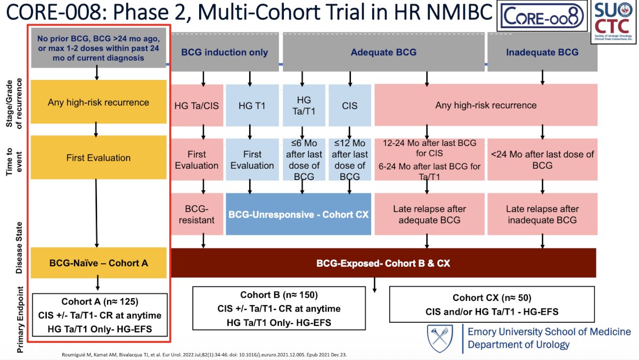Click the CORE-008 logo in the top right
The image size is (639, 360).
pos(542,15)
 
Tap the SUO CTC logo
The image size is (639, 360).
pos(613,22)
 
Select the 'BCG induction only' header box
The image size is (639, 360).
pos(225,52)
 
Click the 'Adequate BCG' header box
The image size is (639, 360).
pos(383,52)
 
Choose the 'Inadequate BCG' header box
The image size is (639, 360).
pos(542,52)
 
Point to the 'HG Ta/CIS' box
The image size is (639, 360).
pos(197,105)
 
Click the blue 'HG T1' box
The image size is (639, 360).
pos(252,105)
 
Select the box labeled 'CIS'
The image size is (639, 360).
pos(350,105)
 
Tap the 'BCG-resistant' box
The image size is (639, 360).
pos(197,214)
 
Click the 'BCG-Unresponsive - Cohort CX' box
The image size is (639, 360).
pos(298,214)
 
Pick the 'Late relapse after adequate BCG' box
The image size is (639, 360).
pos(429,214)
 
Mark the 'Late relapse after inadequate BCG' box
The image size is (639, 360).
pos(542,214)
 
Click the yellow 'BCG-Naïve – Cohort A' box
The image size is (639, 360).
pos(99,263)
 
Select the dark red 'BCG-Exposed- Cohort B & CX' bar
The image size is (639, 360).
pos(383,263)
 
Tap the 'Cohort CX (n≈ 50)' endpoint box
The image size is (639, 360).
pos(492,305)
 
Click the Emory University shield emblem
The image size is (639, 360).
pos(440,339)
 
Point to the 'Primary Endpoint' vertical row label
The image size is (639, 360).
pos(20,320)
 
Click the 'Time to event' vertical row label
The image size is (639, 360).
pos(14,161)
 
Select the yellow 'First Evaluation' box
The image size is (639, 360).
pos(99,158)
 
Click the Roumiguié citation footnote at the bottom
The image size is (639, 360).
pos(204,355)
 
